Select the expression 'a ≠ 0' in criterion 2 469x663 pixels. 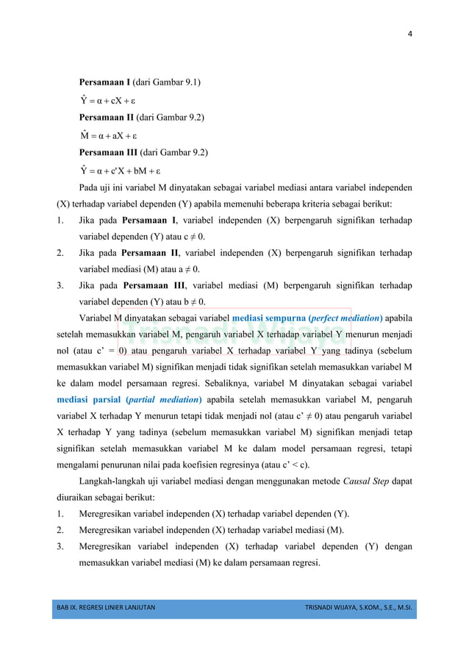click(189, 269)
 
